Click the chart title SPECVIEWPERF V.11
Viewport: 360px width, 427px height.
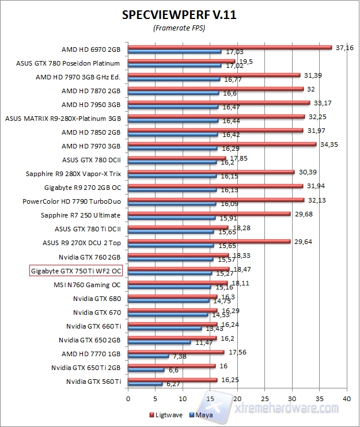point(180,14)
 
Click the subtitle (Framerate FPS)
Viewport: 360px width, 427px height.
point(179,28)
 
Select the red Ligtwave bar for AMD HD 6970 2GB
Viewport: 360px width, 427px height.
point(230,47)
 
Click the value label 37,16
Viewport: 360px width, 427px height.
point(344,47)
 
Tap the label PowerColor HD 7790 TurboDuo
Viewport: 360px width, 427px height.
point(71,201)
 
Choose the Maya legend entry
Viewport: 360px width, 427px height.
point(202,414)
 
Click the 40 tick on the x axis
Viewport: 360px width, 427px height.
point(346,398)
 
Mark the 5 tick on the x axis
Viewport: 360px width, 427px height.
point(155,398)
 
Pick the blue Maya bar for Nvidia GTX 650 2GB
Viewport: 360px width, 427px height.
point(159,342)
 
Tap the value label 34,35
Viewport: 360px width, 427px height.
point(328,144)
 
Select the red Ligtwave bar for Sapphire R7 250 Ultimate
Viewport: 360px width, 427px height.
point(209,213)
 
